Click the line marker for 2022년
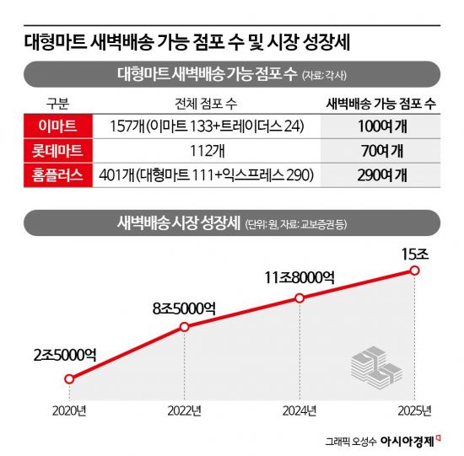185,326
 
